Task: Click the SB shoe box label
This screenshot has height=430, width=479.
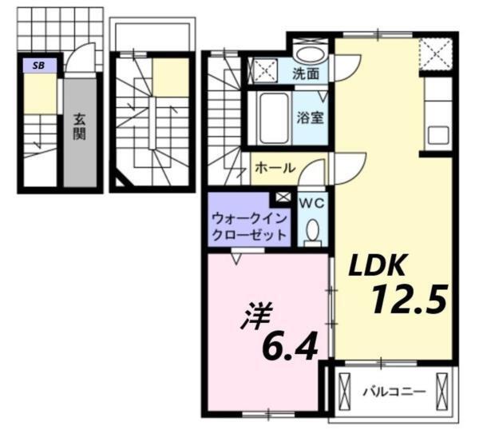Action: click(x=38, y=66)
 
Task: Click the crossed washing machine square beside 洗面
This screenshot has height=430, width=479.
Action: click(x=266, y=70)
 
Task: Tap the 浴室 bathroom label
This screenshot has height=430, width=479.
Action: click(x=311, y=117)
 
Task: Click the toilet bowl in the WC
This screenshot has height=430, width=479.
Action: click(x=312, y=231)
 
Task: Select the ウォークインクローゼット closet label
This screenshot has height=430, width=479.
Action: click(x=249, y=226)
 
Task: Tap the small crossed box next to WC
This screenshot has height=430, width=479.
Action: click(x=283, y=197)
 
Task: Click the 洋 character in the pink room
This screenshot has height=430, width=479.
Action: click(x=254, y=313)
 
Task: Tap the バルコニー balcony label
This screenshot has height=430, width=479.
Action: click(x=394, y=392)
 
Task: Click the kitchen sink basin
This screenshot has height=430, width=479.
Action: click(x=438, y=133)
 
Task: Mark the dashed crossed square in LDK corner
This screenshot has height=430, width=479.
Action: click(x=437, y=54)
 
